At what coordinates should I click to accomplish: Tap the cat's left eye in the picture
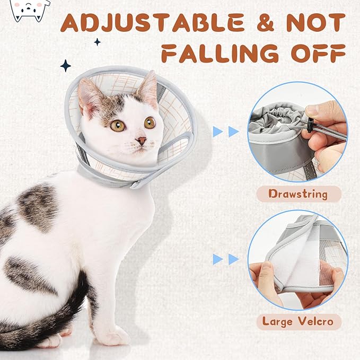(118, 126)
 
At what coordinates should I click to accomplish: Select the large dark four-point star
(66, 66)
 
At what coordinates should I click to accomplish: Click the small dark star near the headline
(97, 41)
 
